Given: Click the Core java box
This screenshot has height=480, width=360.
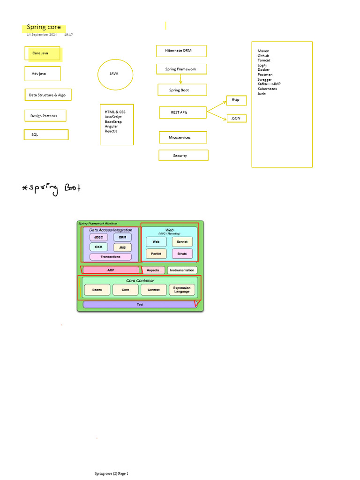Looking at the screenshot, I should click(x=43, y=53).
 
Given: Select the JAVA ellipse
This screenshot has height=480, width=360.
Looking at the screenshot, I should click(x=115, y=74).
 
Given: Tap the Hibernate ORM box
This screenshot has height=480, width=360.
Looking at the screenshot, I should click(x=181, y=51).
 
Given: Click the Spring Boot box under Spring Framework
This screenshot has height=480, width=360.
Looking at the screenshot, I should click(x=182, y=90).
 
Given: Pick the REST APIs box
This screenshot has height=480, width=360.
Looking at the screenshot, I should click(x=182, y=112).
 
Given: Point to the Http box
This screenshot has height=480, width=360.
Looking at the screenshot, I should click(x=236, y=100).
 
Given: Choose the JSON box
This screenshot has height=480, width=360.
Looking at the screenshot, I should click(x=236, y=119).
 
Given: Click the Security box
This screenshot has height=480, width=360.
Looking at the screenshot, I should click(x=183, y=156).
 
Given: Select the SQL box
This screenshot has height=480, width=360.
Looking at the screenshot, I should click(x=46, y=135).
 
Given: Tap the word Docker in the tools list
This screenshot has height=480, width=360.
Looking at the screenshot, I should click(x=263, y=70).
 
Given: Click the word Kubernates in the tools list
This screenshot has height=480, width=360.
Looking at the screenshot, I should click(x=267, y=89).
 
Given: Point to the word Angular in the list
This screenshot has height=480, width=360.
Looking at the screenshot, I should click(x=112, y=127).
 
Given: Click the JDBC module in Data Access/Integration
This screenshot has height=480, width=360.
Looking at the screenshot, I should click(x=98, y=237).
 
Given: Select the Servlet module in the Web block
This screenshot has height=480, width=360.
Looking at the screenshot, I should click(x=182, y=242).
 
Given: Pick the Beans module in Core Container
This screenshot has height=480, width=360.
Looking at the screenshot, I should click(x=97, y=290).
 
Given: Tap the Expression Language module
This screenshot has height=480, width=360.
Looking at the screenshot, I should click(x=182, y=290).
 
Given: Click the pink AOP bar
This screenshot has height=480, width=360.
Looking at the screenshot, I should click(x=111, y=270).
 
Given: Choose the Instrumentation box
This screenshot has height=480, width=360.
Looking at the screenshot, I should click(x=182, y=270).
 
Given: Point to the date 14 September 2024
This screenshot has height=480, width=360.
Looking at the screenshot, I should click(x=42, y=35).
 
